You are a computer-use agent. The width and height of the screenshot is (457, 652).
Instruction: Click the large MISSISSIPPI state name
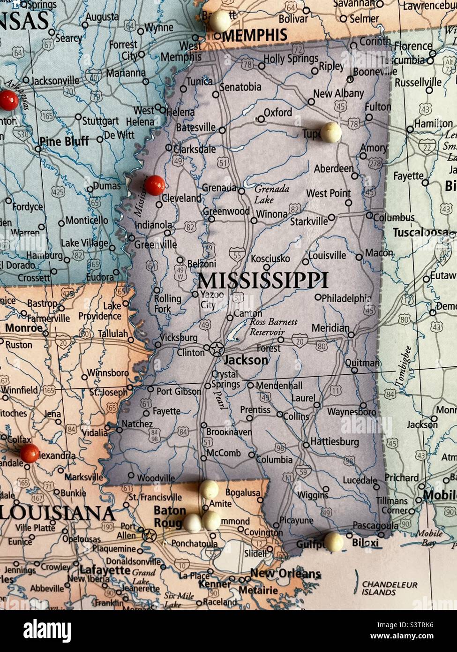coord(262,281)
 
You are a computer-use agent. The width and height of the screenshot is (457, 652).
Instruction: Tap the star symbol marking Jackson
coord(216,349)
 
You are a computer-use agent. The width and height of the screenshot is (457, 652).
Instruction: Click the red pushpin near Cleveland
coord(154,185)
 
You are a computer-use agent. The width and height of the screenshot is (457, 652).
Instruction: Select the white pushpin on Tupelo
coord(331,132)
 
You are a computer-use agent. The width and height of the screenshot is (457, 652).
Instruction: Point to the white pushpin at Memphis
coord(220,21)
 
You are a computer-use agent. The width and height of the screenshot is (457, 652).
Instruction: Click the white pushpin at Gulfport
coord(333,541)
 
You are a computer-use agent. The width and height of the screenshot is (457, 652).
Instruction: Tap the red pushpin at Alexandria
coord(30,453)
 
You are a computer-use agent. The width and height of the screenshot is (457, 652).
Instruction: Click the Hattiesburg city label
coord(335,442)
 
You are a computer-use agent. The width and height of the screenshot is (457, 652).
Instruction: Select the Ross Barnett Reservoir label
coord(273,327)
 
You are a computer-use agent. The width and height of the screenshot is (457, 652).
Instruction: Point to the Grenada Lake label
coord(272,194)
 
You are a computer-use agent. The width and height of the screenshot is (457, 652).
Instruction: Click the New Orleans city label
coord(285,573)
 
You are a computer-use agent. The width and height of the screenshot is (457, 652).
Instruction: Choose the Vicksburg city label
coord(179,338)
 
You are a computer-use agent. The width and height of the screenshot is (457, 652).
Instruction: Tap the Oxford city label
coord(277,113)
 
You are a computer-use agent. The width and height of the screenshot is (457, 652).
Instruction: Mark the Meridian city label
coord(330,328)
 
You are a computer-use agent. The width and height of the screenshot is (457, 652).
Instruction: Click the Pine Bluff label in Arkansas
coord(64,141)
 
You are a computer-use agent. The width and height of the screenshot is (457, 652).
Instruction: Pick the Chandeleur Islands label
coord(389,588)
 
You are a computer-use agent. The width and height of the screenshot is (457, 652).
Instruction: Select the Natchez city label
coord(137,424)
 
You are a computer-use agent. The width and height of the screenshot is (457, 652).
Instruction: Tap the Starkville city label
coord(308,221)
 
